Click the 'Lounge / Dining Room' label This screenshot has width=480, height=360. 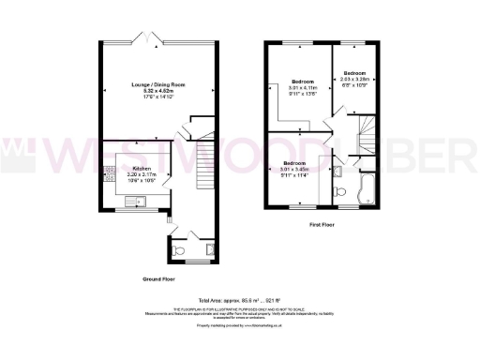coord(158,84)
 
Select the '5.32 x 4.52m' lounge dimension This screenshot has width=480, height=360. coord(158,90)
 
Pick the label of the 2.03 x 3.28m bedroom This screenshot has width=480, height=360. coord(353,72)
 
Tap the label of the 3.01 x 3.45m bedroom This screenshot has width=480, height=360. coord(297,163)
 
